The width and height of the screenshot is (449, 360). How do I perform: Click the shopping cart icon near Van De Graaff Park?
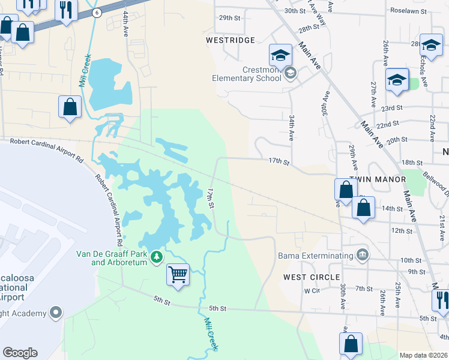pos(178,275)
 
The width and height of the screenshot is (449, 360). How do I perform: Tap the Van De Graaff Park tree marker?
pos(157,257)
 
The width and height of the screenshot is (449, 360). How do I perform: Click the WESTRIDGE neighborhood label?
pos(231,40)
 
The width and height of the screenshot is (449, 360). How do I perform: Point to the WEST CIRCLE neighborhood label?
pos(312,277)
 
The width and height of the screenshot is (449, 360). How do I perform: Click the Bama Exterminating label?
pos(315,256)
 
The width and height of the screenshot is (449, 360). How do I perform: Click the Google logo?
pos(20,353)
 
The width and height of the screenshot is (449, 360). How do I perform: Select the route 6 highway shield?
pos(97,12)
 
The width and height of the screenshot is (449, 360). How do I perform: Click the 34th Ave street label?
pos(291,128)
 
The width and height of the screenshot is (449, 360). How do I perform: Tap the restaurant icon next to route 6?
pos(65,10)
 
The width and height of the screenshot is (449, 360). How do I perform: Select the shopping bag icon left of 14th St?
pos(363,208)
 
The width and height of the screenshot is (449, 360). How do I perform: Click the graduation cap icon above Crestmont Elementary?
pos(280,55)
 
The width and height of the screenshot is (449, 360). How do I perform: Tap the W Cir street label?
pos(310,290)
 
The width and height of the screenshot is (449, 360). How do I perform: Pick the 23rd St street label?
pos(391,108)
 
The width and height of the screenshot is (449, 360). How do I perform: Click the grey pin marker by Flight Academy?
pos(56,313)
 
